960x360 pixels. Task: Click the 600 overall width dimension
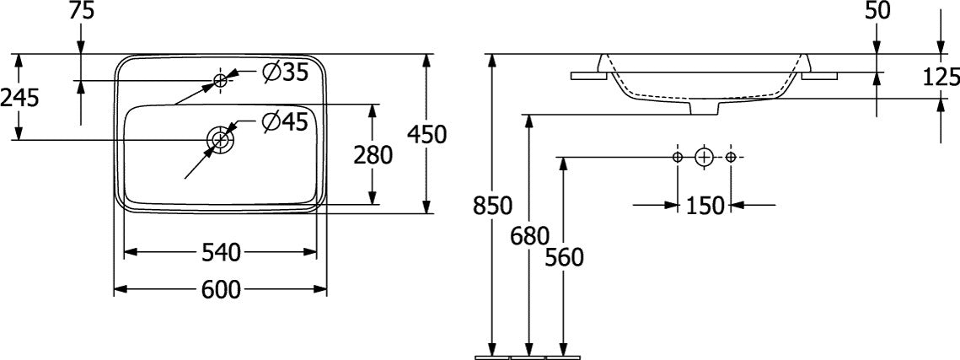coord(221,289)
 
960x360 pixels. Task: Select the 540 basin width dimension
coord(221,252)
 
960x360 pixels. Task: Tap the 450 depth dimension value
coord(426,134)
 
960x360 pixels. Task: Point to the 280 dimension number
coord(373,155)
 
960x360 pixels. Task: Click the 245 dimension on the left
coord(19,97)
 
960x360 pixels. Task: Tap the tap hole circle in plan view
coord(221,79)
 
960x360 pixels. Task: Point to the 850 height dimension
coord(492,207)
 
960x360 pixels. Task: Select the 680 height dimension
coord(529,234)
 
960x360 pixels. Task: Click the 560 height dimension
coord(564,258)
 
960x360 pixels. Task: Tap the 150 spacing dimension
coord(704,206)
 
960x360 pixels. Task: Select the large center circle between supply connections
coord(704,158)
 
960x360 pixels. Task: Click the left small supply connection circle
coord(678,158)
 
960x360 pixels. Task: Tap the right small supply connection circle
coord(731,158)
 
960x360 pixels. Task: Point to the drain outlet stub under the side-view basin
coord(705,107)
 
